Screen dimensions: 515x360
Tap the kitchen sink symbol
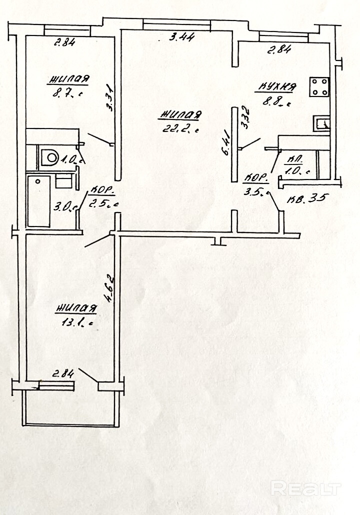[321, 123]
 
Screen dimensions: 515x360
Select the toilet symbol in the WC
[50, 157]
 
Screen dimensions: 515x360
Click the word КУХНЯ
[276, 87]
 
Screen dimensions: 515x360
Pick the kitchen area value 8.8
[276, 103]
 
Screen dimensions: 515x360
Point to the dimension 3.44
[181, 36]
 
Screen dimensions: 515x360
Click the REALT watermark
[306, 488]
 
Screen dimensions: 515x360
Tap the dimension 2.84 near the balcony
[62, 372]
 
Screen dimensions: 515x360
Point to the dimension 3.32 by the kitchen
[244, 118]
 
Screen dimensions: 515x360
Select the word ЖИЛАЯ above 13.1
[76, 308]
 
